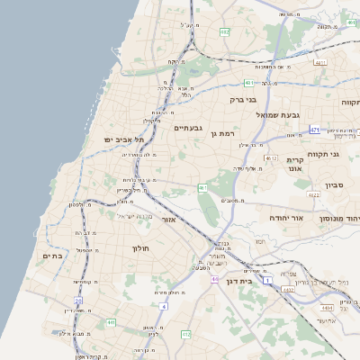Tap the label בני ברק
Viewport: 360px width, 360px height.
pos(244,99)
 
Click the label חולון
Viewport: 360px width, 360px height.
pos(139,247)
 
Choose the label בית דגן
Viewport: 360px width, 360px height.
pos(242,269)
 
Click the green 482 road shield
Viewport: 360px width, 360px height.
pos(224,32)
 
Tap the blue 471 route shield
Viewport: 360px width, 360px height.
pos(314,130)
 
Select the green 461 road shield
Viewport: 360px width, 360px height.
pos(203,188)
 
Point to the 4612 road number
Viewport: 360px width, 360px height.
pos(271,157)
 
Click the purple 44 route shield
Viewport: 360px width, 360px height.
pos(215,280)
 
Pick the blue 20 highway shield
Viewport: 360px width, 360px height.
pos(78,301)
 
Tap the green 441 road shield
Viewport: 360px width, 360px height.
pos(110,321)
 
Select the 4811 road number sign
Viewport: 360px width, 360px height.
pos(319,63)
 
